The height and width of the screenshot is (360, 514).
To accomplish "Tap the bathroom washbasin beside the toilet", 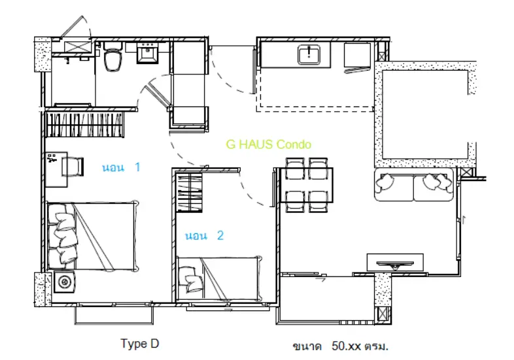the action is tap(148, 53).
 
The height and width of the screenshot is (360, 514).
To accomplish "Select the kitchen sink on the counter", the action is tap(309, 55).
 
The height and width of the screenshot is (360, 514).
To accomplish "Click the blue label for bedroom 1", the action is tap(121, 167).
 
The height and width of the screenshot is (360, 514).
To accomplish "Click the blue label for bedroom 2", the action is tap(204, 235).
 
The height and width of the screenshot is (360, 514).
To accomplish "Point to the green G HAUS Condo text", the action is tap(269, 144).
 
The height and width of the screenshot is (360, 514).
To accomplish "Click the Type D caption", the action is tap(140, 344).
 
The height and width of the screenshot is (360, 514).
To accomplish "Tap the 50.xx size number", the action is tap(346, 346).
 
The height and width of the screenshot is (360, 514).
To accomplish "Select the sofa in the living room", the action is tap(414, 184).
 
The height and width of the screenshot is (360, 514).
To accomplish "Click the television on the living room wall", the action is tap(395, 264).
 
